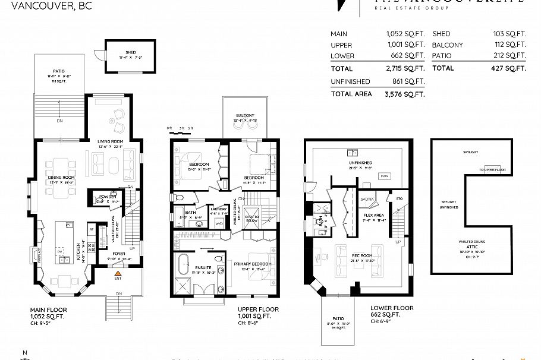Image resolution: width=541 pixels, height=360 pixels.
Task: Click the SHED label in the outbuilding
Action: tap(122, 52)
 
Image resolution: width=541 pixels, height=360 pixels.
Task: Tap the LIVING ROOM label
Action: tap(109, 141)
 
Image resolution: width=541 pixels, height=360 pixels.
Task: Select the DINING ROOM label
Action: tap(61, 178)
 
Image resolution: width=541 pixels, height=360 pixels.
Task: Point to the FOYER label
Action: tap(119, 252)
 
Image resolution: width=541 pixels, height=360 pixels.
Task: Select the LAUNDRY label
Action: tap(219, 209)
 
